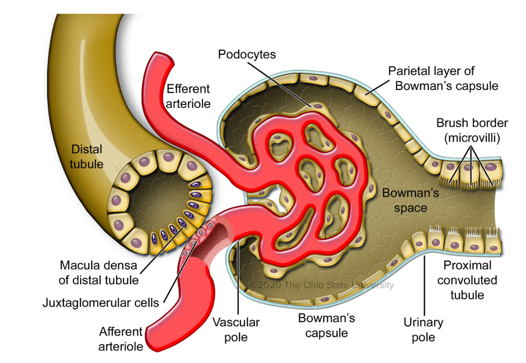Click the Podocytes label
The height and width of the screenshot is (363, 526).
tap(247, 55)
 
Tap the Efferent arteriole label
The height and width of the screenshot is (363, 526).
tap(188, 96)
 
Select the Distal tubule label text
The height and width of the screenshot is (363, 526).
tap(87, 156)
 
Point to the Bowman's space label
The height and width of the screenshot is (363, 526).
tap(410, 201)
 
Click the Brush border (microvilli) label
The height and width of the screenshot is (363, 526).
tap(472, 130)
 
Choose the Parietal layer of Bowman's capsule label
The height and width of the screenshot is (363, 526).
tap(443, 78)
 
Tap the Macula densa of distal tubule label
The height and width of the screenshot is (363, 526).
tap(98, 273)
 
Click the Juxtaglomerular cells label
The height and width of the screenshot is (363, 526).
tap(101, 303)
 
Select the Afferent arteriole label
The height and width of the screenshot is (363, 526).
tap(121, 339)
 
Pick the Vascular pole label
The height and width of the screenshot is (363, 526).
tap(236, 330)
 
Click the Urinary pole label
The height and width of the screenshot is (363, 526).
tap(424, 330)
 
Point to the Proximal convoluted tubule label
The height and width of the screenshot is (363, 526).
tap(467, 280)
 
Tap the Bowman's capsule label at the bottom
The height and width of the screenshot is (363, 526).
tap(326, 325)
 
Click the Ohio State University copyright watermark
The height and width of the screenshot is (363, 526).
tap(322, 285)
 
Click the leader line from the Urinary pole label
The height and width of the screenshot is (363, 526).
tap(424, 286)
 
